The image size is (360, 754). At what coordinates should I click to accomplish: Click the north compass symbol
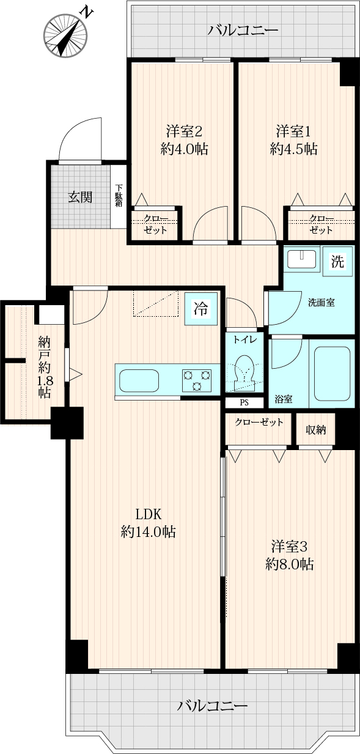[x=65, y=35]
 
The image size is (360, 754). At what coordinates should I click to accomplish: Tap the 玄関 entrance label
[x=80, y=197]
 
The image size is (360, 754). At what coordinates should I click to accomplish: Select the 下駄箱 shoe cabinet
[x=119, y=196]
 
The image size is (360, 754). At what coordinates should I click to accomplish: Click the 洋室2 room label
[x=184, y=131]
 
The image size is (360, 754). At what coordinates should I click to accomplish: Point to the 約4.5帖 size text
[x=293, y=149]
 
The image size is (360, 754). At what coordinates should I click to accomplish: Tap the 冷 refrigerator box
[x=201, y=309]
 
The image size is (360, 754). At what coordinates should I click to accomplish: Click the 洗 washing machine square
[x=337, y=261]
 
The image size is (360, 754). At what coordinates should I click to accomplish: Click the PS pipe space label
[x=244, y=402]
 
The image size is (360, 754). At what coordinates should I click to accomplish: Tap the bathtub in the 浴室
[x=332, y=374]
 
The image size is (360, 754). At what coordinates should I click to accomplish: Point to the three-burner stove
[x=197, y=380]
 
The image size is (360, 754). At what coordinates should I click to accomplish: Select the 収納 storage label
[x=315, y=430]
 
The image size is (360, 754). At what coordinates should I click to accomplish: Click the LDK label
[x=149, y=514]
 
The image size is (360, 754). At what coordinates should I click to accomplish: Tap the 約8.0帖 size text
[x=289, y=564]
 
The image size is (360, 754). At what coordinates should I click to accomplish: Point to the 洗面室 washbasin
[x=302, y=259]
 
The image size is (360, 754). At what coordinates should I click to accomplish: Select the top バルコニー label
[x=243, y=31]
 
